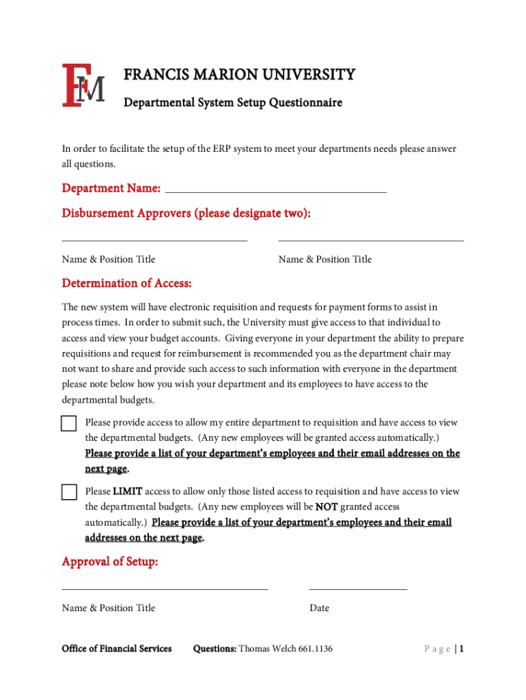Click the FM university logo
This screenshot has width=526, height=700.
click(83, 85)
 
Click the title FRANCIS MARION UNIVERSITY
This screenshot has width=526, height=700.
click(239, 75)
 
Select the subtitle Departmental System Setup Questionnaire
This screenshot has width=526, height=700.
click(232, 103)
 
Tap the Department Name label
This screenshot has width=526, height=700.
click(111, 188)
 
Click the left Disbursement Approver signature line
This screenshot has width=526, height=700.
click(154, 239)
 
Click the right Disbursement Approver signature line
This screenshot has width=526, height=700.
click(371, 239)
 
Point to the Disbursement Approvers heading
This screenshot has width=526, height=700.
click(186, 213)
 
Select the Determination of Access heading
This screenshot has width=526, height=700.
click(126, 283)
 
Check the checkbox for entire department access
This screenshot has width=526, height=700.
click(69, 423)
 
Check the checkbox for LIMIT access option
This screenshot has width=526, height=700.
click(69, 492)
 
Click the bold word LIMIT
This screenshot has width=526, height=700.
click(128, 492)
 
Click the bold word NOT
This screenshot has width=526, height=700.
click(326, 507)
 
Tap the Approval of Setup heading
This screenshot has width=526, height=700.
click(110, 562)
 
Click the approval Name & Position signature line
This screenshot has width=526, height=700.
click(165, 588)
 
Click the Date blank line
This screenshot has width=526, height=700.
click(358, 588)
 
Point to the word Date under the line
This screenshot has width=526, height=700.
click(319, 608)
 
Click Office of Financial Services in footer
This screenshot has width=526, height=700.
click(117, 649)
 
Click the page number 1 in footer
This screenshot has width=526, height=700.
click(462, 649)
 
